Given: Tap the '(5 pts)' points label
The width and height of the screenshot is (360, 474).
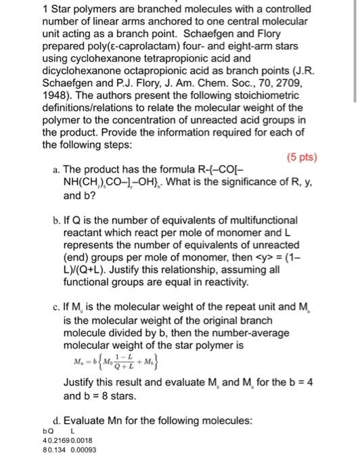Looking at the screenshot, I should point(299,158).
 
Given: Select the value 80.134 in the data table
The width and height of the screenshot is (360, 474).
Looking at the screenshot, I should point(54,452).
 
